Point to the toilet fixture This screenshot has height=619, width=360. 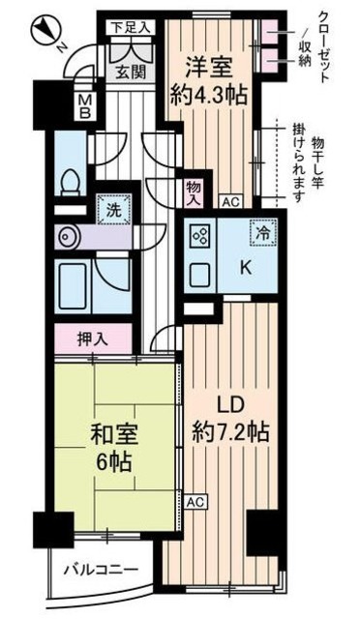(x=70, y=181)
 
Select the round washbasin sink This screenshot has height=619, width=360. (x=67, y=235)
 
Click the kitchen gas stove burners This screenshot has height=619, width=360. (x=201, y=235)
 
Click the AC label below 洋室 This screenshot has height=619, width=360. (x=229, y=202)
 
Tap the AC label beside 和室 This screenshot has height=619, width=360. (x=195, y=502)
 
